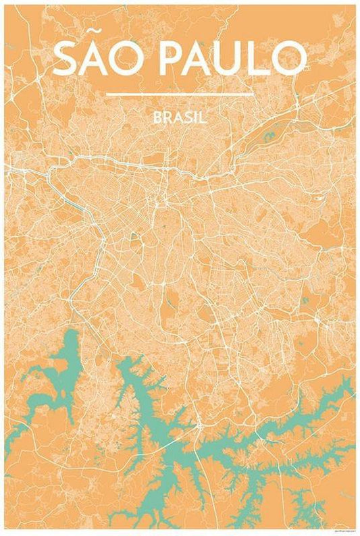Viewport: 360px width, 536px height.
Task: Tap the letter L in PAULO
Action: point(261,59)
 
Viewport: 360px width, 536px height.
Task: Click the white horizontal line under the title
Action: point(180,94)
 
